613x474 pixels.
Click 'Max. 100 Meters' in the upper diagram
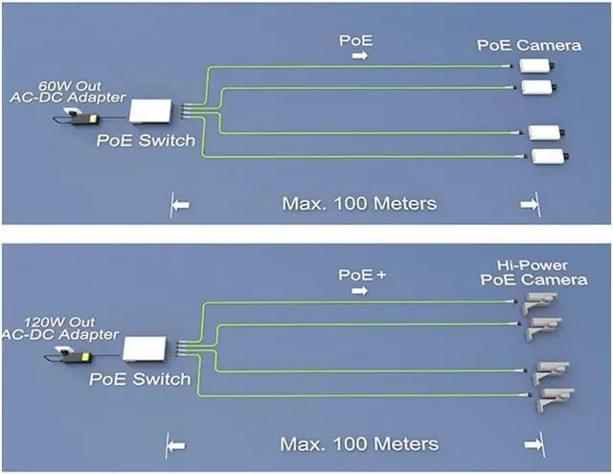pos(358,203)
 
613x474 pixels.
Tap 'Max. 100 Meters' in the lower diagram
pos(358,444)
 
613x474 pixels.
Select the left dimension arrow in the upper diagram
pos(180,203)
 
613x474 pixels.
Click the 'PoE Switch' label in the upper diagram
pos(146,142)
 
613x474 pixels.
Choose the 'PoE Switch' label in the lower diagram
pos(140,380)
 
